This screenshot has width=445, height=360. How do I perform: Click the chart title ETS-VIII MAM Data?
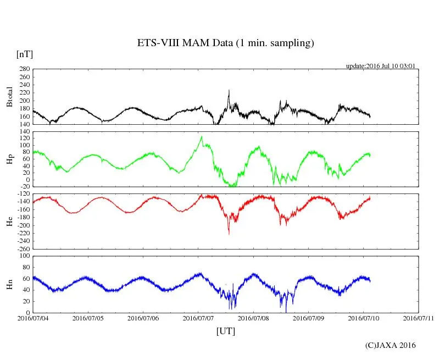tap(225, 43)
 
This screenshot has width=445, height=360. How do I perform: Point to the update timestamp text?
tap(380, 66)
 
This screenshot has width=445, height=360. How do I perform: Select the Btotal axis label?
tap(9, 96)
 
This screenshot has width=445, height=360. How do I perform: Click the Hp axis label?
tap(9, 159)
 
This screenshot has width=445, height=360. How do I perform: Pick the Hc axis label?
tap(9, 221)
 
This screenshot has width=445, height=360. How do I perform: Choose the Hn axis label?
tap(9, 284)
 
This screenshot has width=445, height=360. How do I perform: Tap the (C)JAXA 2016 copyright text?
tap(391, 345)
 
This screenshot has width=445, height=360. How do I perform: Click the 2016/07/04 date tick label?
tap(33, 318)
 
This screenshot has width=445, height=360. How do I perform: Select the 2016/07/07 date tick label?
tap(198, 318)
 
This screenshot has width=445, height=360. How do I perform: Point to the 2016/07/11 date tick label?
tap(418, 318)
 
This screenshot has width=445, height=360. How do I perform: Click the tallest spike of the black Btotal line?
tap(229, 90)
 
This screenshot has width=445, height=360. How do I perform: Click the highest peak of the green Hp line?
tap(202, 136)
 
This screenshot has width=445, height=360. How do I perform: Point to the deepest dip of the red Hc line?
tap(229, 234)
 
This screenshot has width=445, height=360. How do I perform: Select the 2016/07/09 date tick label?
tap(308, 318)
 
